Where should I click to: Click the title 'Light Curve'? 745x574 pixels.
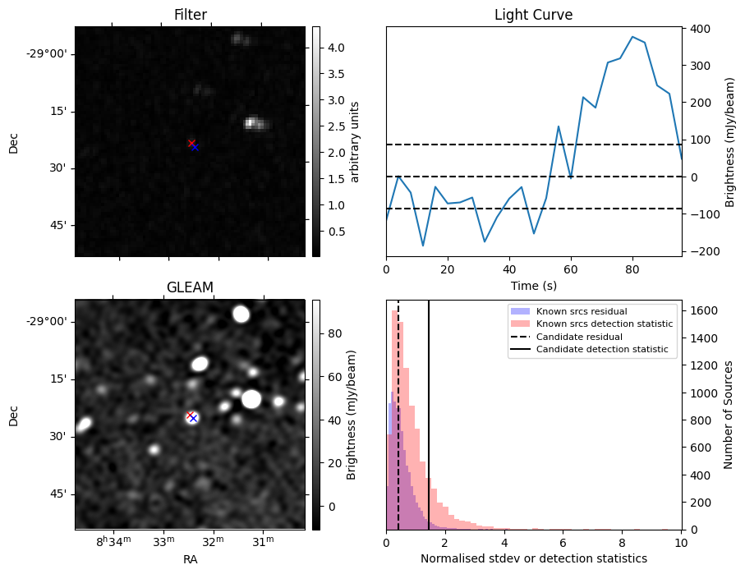(x=533, y=15)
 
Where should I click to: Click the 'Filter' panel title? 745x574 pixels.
(x=190, y=15)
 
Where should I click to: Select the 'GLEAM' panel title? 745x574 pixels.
(x=190, y=287)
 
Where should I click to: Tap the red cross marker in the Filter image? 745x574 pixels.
(x=191, y=144)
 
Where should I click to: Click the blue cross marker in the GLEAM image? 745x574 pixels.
(x=193, y=418)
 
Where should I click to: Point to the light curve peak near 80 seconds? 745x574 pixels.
(x=632, y=37)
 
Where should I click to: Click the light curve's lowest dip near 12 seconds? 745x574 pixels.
(x=423, y=246)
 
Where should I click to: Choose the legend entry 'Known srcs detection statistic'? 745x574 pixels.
(x=604, y=324)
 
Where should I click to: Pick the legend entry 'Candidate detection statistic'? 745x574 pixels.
(x=601, y=350)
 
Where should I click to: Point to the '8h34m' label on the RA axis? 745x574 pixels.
(x=113, y=542)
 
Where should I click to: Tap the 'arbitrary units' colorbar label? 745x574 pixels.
(x=355, y=141)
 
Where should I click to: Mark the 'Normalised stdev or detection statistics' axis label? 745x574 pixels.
(x=533, y=558)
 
